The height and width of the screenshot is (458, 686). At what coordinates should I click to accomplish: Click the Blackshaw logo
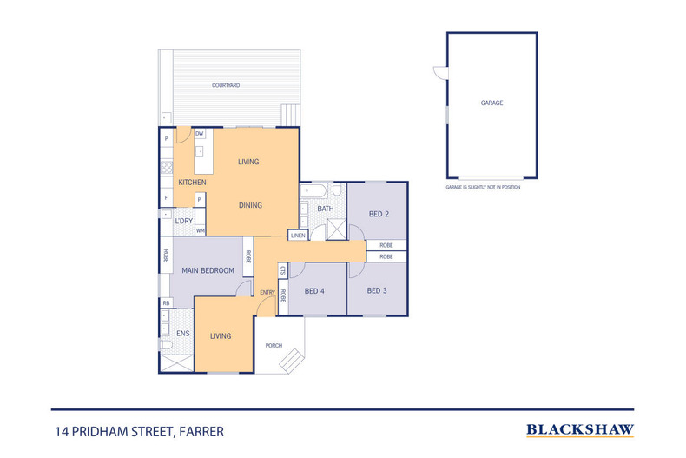(x=580, y=430)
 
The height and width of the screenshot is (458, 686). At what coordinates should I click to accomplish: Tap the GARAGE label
(x=491, y=103)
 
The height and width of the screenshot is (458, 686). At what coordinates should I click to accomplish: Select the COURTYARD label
(x=226, y=85)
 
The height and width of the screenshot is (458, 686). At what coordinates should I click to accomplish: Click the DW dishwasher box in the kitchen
(x=200, y=134)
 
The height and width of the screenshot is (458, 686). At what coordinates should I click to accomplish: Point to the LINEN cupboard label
(x=298, y=236)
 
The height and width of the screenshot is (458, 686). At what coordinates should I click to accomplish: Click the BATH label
(x=326, y=209)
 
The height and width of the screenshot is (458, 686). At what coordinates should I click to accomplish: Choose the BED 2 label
(x=379, y=214)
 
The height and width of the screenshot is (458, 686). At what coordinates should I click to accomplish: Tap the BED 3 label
(x=377, y=291)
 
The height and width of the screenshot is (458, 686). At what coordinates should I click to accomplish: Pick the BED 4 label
(x=314, y=291)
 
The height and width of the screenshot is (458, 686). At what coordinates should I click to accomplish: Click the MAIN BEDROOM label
(x=208, y=270)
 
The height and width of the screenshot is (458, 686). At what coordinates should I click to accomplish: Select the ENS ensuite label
(x=183, y=334)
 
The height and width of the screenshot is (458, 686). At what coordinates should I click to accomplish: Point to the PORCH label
(x=274, y=346)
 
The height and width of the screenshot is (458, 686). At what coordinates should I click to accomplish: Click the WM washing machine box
(x=201, y=230)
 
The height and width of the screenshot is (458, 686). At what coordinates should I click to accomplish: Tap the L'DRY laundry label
(x=184, y=221)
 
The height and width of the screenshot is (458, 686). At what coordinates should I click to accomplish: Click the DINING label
(x=250, y=205)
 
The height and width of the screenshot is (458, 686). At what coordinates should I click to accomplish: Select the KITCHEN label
(x=192, y=183)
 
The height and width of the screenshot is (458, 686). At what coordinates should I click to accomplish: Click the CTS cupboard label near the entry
(x=283, y=270)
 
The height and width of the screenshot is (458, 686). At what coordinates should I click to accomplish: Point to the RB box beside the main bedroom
(x=166, y=303)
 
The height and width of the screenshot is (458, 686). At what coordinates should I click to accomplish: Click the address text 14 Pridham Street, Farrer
(x=140, y=432)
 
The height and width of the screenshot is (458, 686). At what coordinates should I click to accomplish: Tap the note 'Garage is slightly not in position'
(x=483, y=187)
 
